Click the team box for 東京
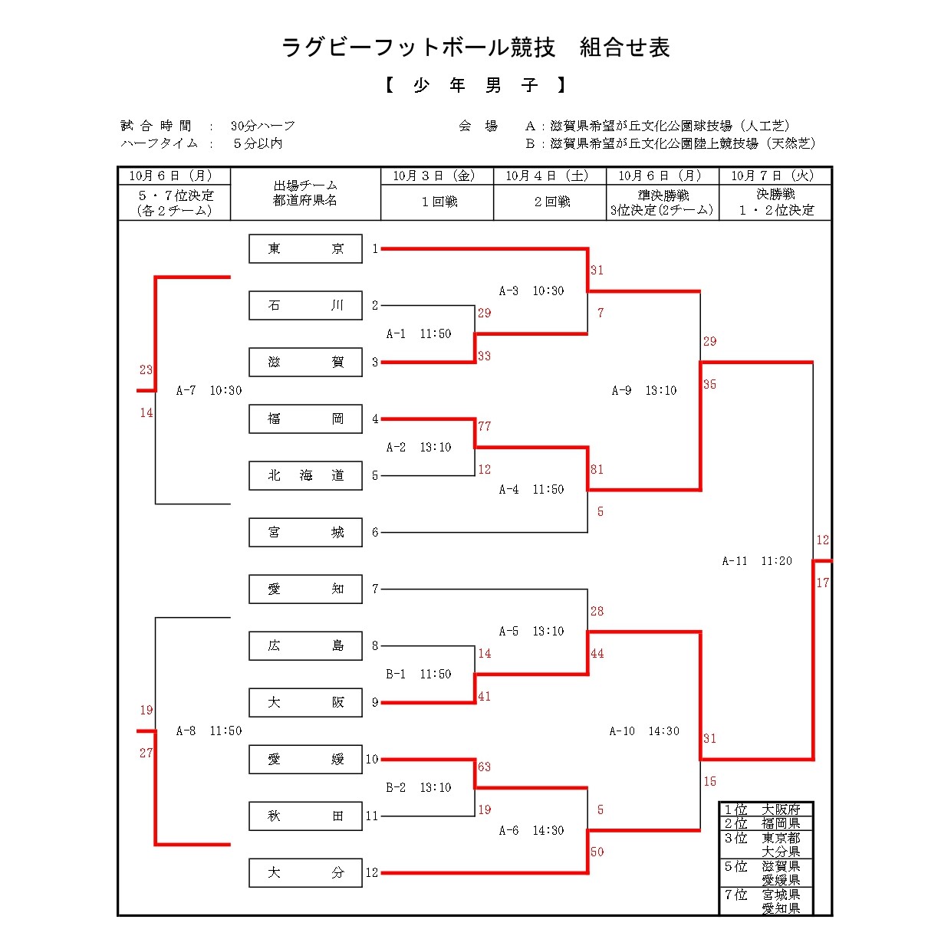pos(305,249)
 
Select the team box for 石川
pos(305,306)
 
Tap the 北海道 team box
pos(305,476)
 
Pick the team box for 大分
pos(305,873)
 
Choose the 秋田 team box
pos(305,816)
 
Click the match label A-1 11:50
pos(419,334)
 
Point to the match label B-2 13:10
pos(419,788)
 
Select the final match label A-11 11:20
pos(757,561)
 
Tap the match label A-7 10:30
pos(209,391)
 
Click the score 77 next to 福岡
pos(485,427)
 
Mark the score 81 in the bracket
pos(597,470)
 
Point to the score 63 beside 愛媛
pos(485,767)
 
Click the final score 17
pos(823,583)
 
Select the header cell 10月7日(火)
pos(775,176)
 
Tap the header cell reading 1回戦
pos(439,202)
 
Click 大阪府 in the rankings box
pos(781,809)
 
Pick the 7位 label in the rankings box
pos(735,895)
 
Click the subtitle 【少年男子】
pos(475,86)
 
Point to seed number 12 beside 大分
pos(372,873)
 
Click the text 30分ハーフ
pos(263,126)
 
